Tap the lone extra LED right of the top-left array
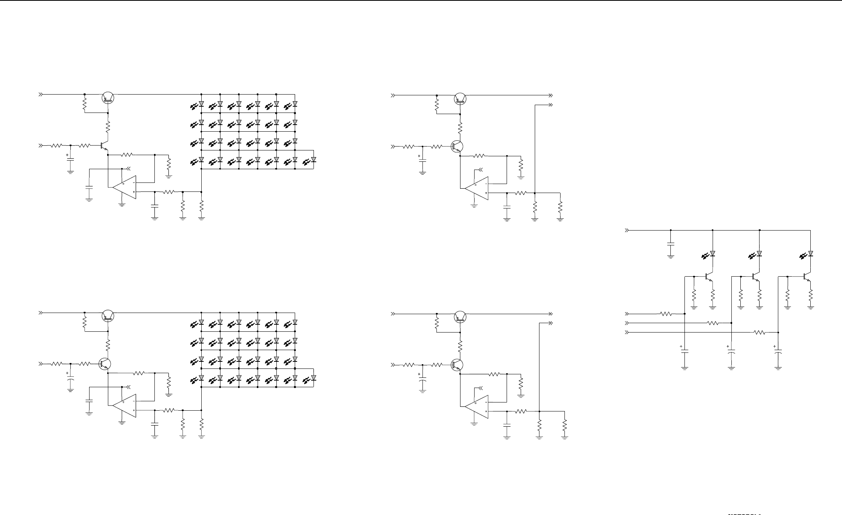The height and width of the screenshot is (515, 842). coord(314,160)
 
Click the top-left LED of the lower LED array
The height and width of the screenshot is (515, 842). coord(201,323)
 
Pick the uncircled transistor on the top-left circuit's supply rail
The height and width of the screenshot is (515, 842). coord(107,98)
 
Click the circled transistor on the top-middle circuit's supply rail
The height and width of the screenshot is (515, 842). coord(460,98)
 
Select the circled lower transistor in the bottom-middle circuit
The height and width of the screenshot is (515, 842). coord(457,365)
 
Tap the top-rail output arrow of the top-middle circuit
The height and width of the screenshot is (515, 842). coord(550,95)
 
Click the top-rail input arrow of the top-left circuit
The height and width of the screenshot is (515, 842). coord(40,94)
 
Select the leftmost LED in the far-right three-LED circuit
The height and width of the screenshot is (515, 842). coord(712,254)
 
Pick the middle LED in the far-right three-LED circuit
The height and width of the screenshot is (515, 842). coord(759,254)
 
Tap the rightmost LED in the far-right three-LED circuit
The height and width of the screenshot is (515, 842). coord(810,254)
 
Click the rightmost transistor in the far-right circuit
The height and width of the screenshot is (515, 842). coord(807,277)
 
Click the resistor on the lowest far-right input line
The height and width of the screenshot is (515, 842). coord(760,333)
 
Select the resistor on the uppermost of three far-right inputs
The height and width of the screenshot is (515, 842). coord(666,313)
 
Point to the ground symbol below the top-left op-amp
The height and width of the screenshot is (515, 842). coord(122,204)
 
